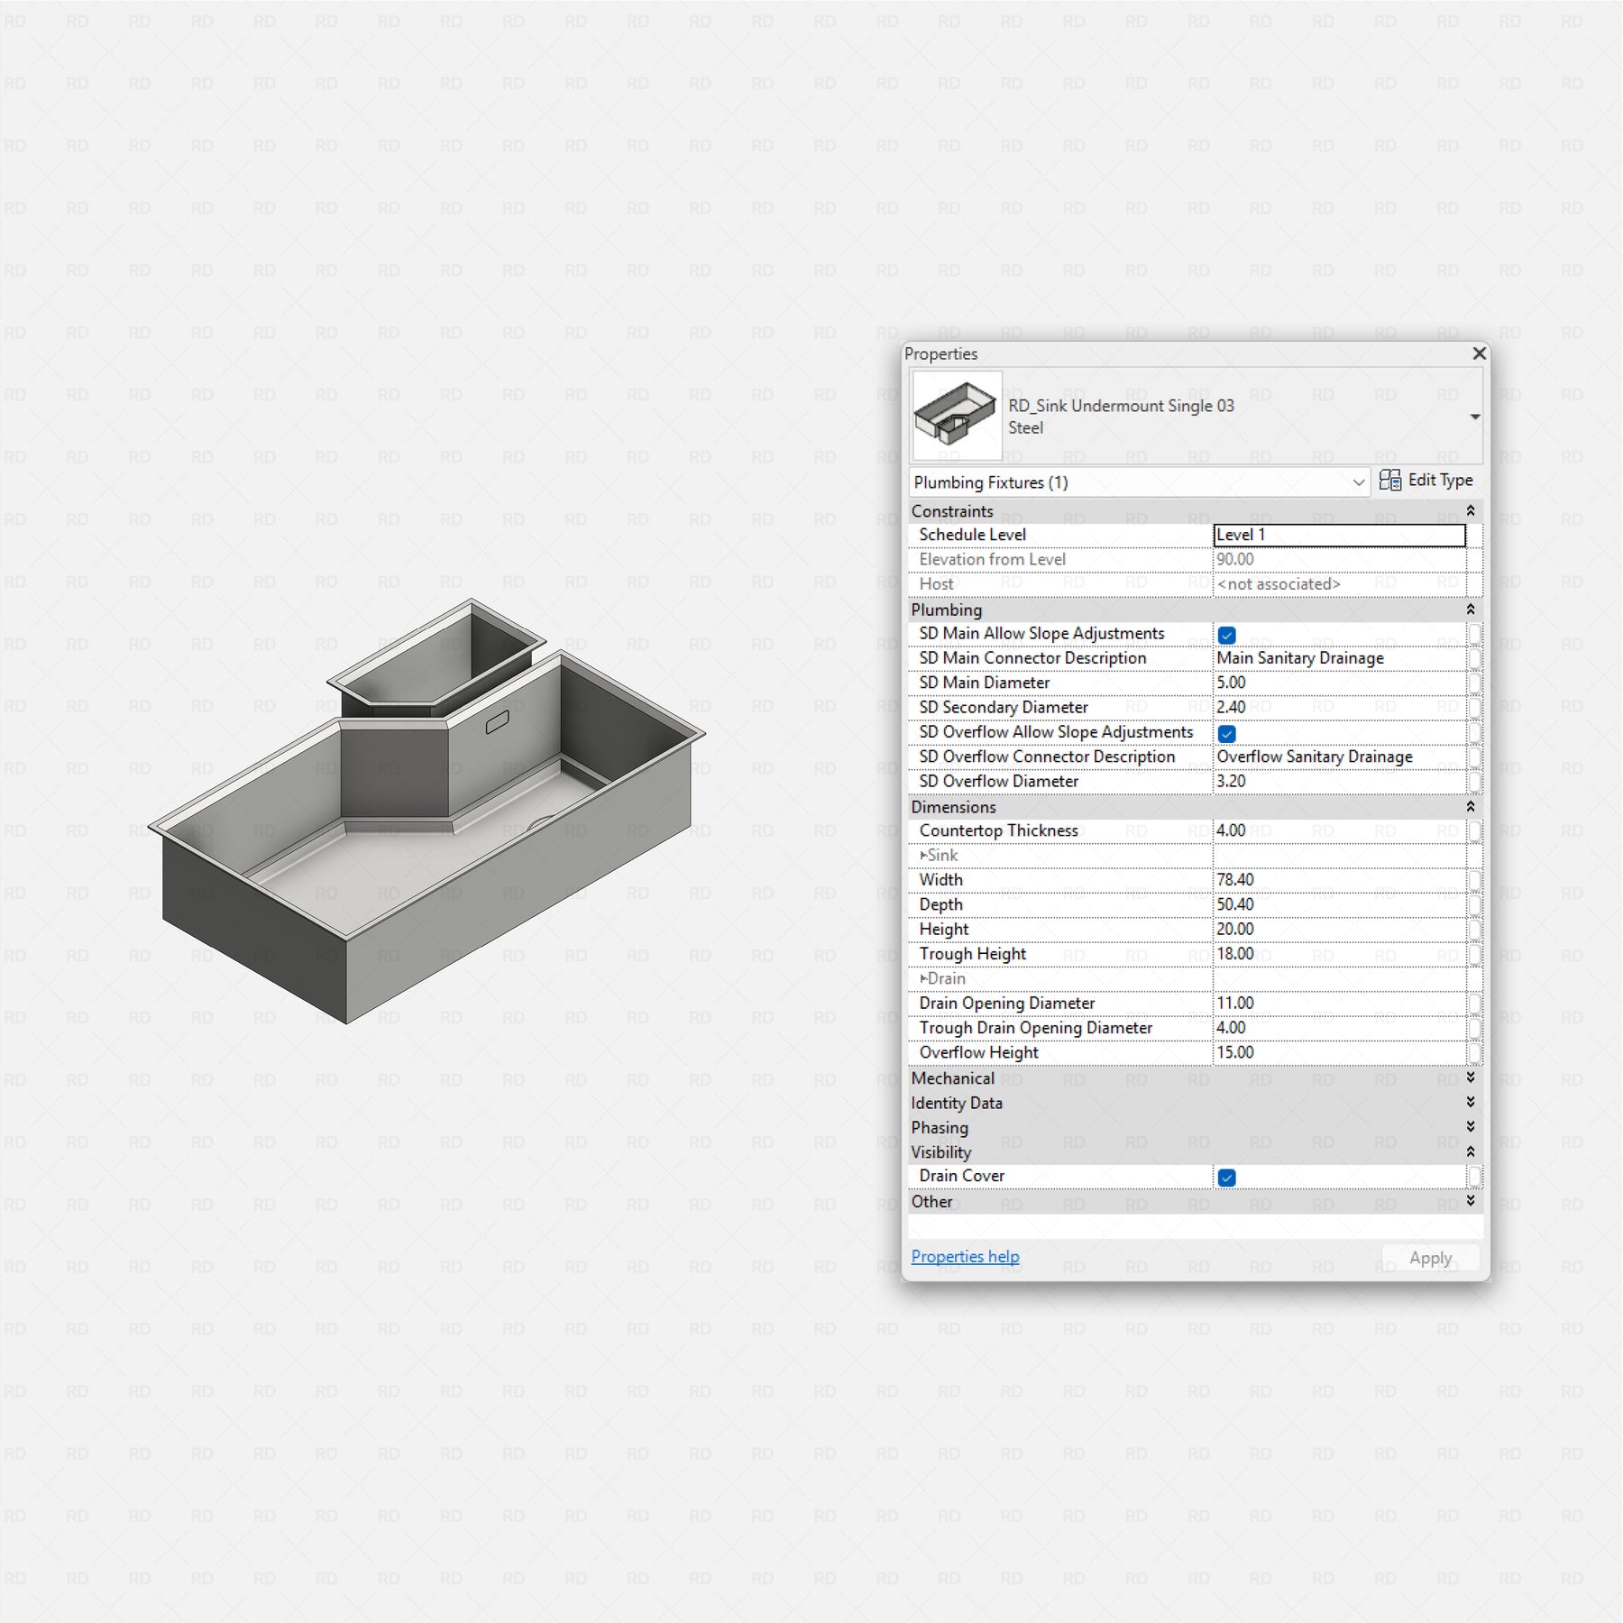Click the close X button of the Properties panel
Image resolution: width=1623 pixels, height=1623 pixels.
click(x=1479, y=353)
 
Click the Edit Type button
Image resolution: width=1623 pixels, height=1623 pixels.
click(x=1426, y=481)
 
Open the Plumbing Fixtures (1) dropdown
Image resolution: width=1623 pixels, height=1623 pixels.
click(x=1140, y=482)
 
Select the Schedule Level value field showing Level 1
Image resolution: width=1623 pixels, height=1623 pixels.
click(x=1340, y=536)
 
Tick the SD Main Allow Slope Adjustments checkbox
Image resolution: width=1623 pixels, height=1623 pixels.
click(x=1226, y=635)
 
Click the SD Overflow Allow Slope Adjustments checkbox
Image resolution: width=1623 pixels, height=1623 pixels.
click(x=1226, y=733)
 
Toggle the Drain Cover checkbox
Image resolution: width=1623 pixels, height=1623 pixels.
click(x=1226, y=1177)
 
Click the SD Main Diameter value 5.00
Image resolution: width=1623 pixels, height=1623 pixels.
click(x=1231, y=683)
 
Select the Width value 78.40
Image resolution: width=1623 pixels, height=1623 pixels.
click(x=1234, y=880)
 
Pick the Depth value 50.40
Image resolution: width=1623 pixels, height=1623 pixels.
click(x=1234, y=904)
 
